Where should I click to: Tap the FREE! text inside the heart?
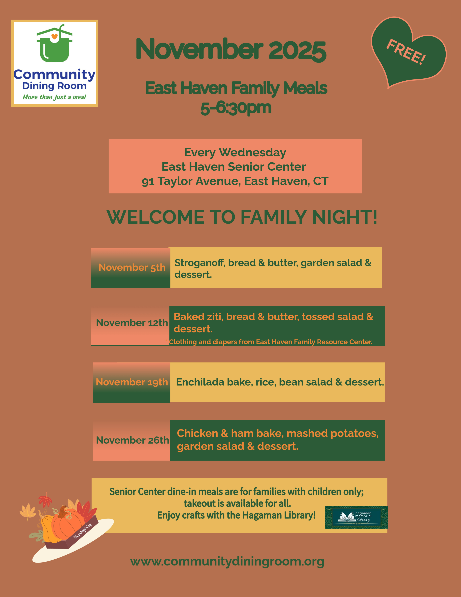pyautogui.click(x=405, y=52)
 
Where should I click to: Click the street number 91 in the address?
pyautogui.click(x=148, y=182)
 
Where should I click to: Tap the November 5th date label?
pyautogui.click(x=132, y=267)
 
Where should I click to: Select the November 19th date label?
pyautogui.click(x=132, y=382)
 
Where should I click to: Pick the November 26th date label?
pyautogui.click(x=132, y=440)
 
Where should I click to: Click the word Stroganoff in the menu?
pyautogui.click(x=200, y=263)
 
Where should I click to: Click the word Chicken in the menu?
pyautogui.click(x=197, y=433)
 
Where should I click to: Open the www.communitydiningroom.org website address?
pyautogui.click(x=227, y=562)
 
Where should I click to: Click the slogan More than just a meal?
pyautogui.click(x=54, y=97)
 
